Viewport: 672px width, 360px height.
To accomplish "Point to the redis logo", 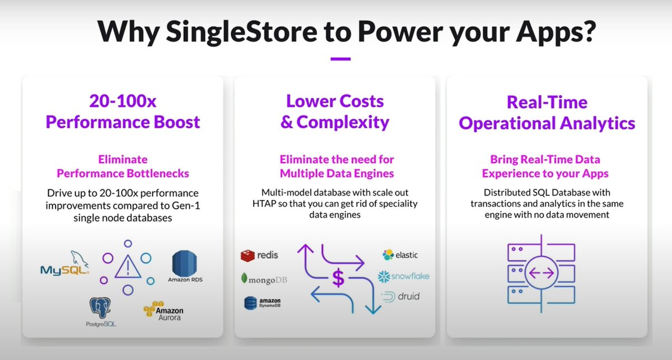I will (x=259, y=255).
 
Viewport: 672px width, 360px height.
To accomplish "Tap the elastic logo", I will (x=400, y=255).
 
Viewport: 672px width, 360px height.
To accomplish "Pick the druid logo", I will (x=400, y=296).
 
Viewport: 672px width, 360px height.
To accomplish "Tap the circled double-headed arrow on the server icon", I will (x=541, y=273).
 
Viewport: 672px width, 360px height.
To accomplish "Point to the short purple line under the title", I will (x=340, y=58).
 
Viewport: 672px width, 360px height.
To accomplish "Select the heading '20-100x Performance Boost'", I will (x=123, y=111).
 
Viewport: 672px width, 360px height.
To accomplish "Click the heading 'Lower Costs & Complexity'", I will (x=335, y=111).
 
